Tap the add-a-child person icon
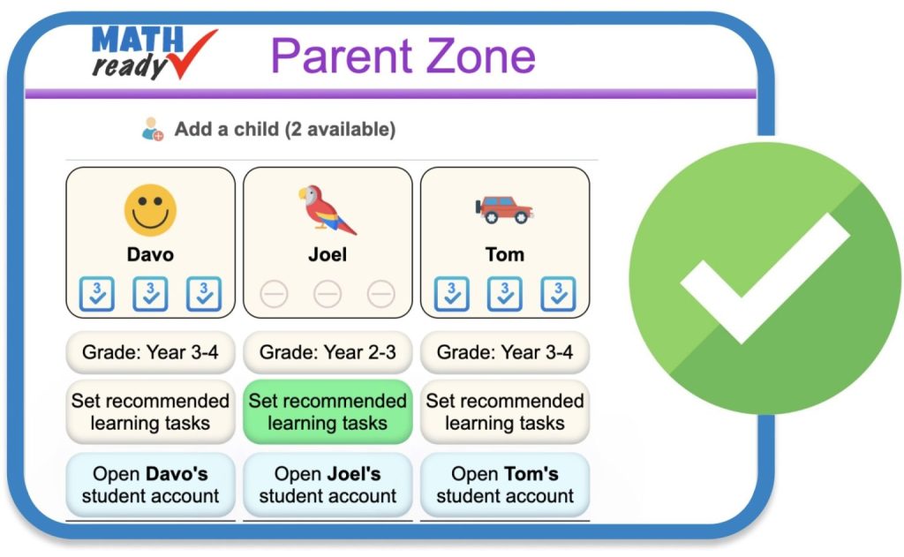point(153,130)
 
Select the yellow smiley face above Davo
point(150,210)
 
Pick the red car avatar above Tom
point(504,209)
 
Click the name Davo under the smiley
point(150,254)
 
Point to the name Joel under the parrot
point(328,254)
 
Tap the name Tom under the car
point(504,254)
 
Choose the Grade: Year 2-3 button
point(328,353)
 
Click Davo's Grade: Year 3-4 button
point(150,353)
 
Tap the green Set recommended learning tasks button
point(328,411)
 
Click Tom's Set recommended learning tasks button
point(505,411)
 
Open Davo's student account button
point(150,485)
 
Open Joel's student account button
point(328,485)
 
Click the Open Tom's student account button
point(505,485)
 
